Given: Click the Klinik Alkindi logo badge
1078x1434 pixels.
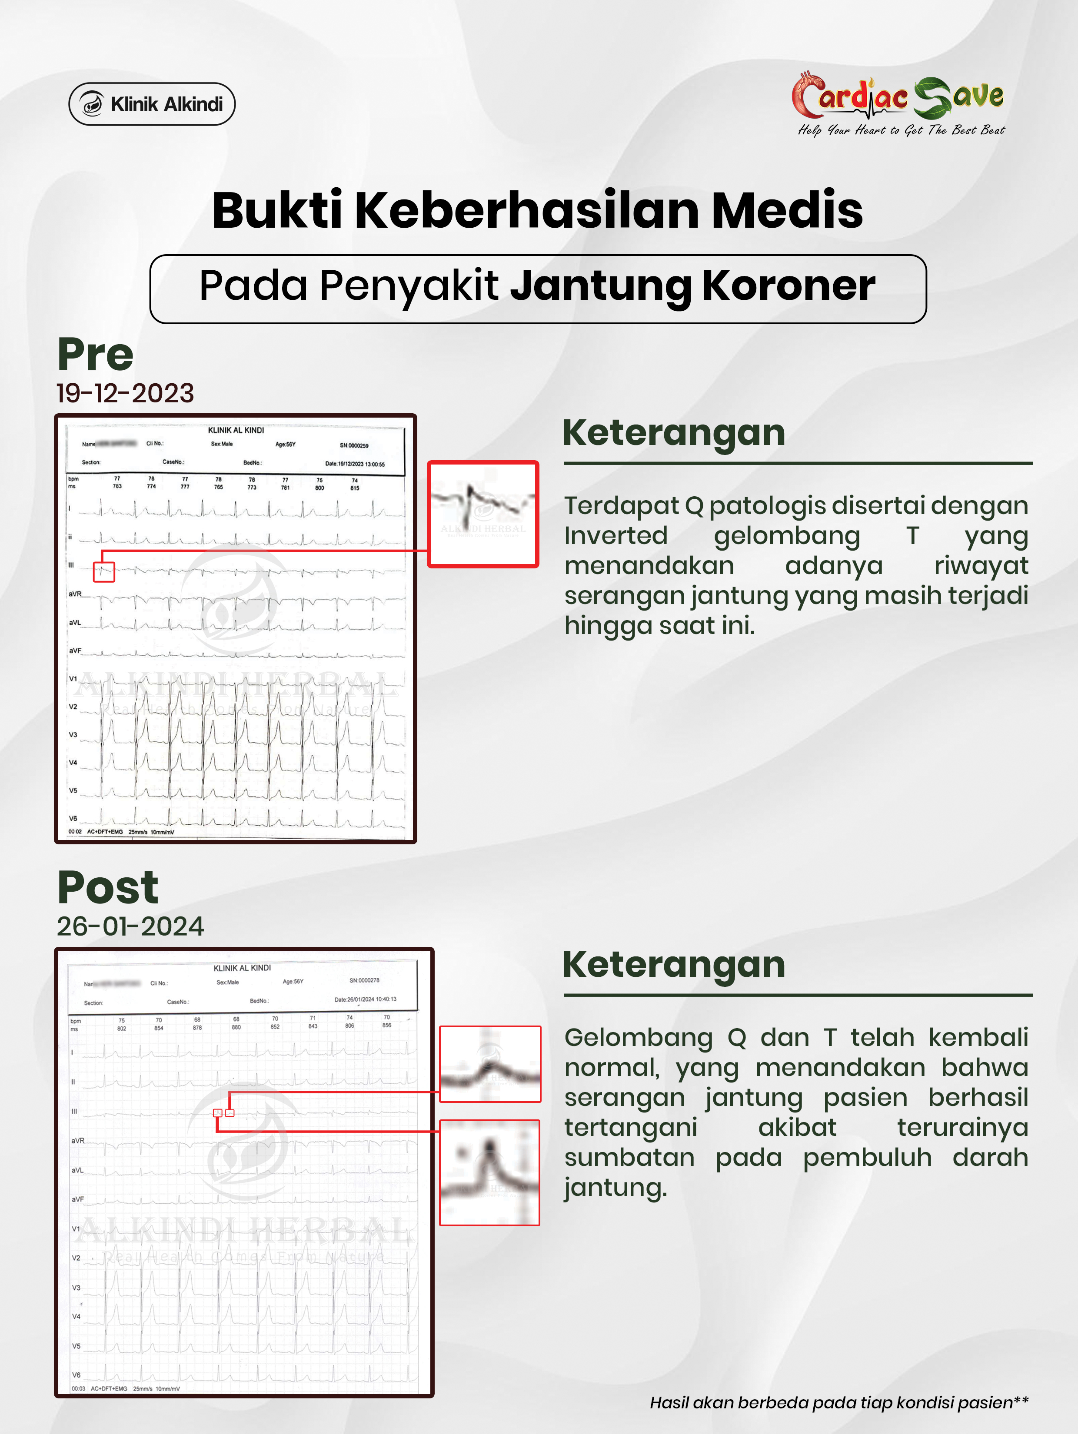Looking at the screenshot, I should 152,104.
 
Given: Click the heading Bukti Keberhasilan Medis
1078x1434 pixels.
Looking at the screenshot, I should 537,211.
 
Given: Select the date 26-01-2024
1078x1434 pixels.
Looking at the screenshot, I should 130,926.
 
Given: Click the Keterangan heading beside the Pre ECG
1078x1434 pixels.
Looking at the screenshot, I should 673,433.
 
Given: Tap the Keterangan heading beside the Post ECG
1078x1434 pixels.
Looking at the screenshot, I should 673,965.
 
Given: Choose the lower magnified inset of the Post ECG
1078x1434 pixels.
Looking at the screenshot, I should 490,1172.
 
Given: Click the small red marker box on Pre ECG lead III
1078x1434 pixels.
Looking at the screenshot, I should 104,572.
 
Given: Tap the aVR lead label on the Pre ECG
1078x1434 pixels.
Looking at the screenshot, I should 75,594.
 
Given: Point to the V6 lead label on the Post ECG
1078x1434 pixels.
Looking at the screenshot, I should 76,1375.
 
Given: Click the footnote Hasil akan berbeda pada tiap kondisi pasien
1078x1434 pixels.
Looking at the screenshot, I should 838,1403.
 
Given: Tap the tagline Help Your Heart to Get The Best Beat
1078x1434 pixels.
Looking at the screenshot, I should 900,130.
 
